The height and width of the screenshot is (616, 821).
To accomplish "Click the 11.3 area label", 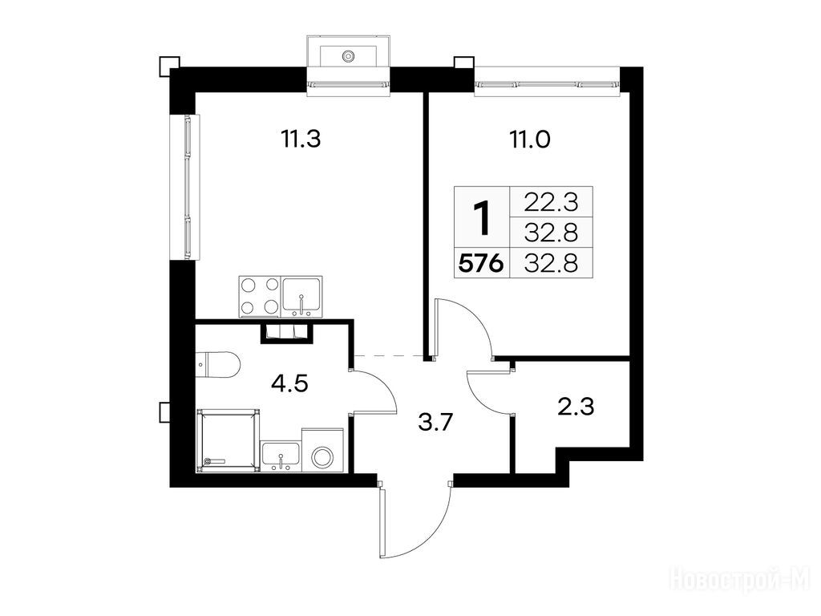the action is click(x=301, y=140).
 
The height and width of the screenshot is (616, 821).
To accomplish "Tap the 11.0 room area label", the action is click(x=529, y=140).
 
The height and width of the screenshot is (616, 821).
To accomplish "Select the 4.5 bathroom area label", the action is click(x=289, y=384).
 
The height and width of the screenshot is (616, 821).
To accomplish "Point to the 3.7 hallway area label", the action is click(x=435, y=422).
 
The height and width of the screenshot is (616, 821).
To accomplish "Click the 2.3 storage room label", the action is click(x=576, y=407).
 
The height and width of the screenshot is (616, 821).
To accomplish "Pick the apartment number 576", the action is click(x=481, y=263).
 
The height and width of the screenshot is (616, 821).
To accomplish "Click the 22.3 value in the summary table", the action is click(x=552, y=201).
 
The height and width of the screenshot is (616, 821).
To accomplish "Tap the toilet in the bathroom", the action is click(x=218, y=364).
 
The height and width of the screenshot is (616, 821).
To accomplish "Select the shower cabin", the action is click(x=228, y=440).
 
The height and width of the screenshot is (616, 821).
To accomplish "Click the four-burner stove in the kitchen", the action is click(x=260, y=297).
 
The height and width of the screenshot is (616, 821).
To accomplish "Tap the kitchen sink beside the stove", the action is click(x=302, y=297).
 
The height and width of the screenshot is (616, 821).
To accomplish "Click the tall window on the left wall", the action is click(x=185, y=187).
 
